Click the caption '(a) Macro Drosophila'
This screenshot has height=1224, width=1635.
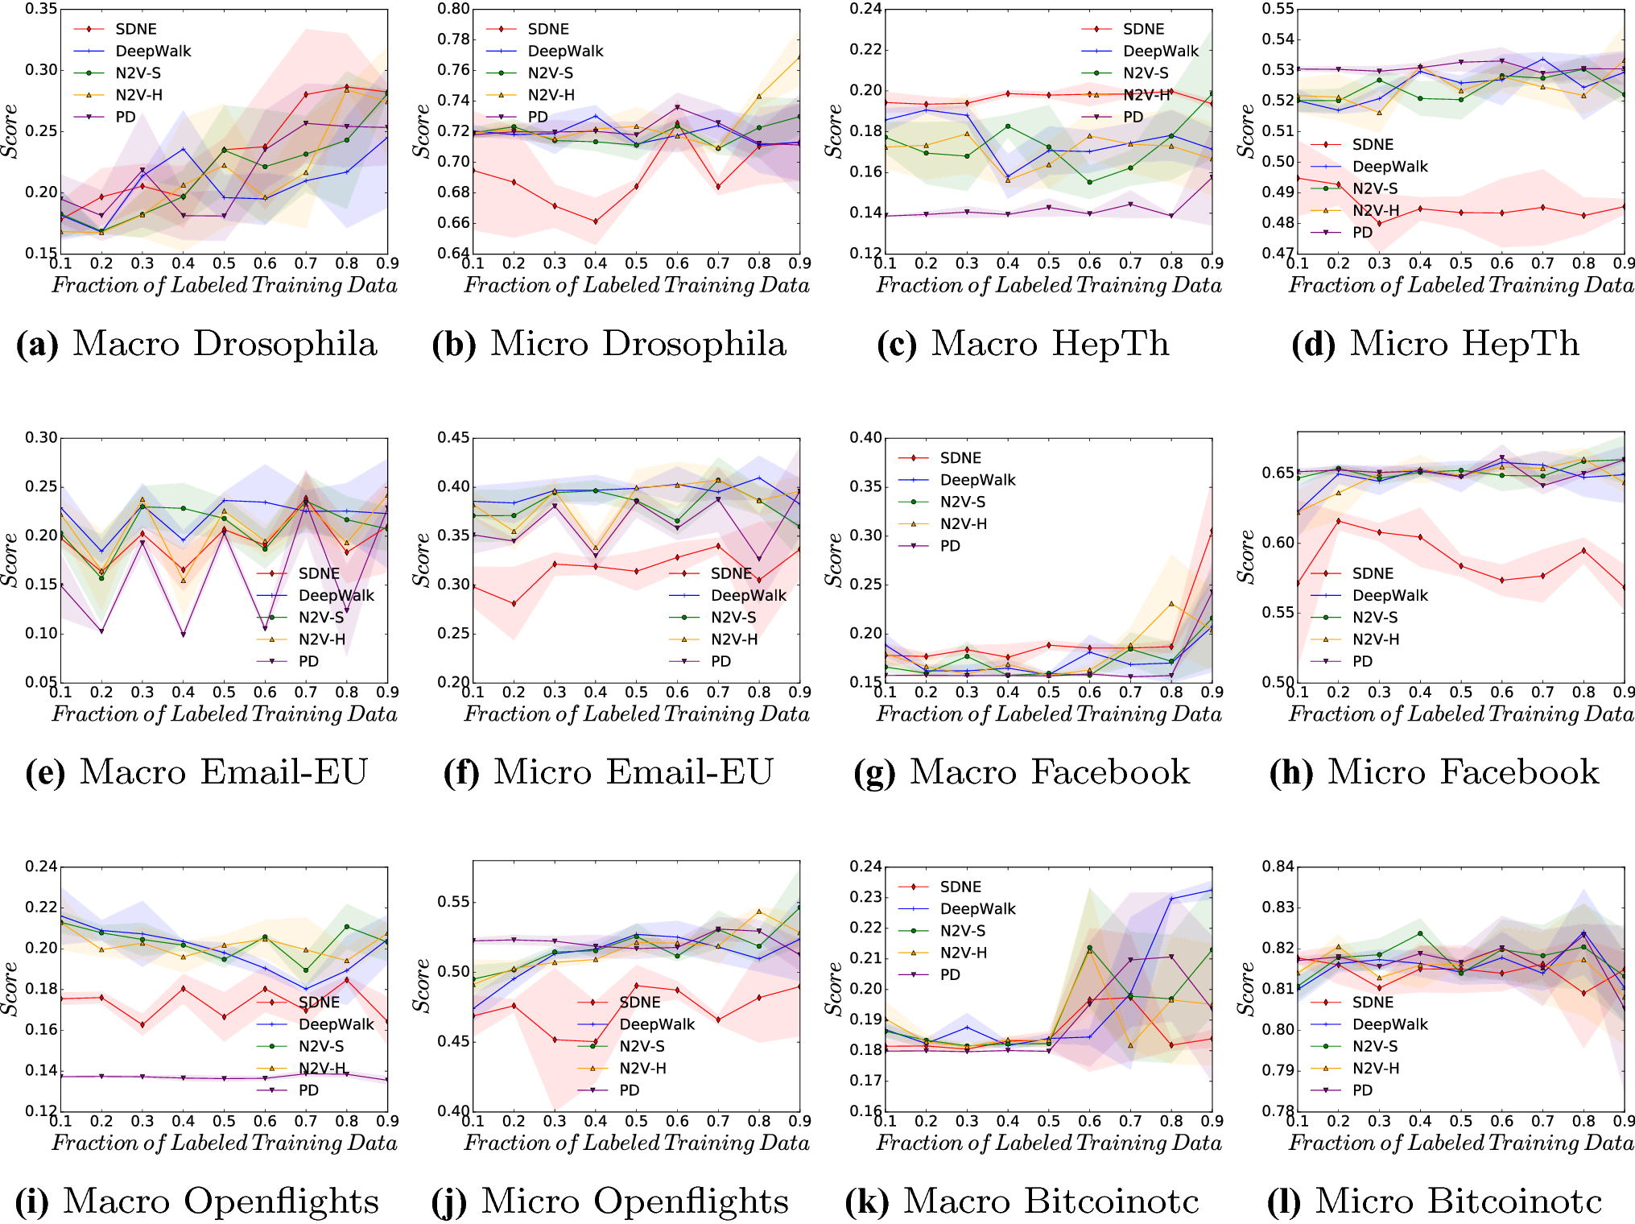click(x=196, y=344)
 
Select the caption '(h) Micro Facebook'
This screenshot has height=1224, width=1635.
click(x=1434, y=772)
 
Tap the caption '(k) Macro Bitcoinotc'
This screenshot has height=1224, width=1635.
click(x=1022, y=1201)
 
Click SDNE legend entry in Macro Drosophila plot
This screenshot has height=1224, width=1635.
click(x=135, y=29)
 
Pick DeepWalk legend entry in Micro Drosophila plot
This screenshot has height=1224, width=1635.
click(x=564, y=51)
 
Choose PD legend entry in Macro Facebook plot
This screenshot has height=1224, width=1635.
click(x=950, y=545)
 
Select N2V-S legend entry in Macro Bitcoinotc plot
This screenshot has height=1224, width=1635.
click(x=962, y=930)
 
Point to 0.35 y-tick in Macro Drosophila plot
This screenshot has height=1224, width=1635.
click(x=41, y=9)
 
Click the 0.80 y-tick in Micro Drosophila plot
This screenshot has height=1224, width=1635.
click(x=453, y=9)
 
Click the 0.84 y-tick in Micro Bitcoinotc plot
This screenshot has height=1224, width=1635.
click(x=1278, y=866)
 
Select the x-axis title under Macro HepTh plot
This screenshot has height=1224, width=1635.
click(x=1048, y=285)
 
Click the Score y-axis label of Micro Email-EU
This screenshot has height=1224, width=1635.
click(x=421, y=560)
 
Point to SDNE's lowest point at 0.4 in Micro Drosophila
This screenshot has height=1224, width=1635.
click(x=596, y=221)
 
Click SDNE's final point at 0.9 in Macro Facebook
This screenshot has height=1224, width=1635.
click(x=1211, y=531)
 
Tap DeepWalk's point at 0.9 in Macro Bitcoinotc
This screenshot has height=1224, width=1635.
click(x=1211, y=891)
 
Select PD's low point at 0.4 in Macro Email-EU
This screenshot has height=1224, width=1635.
click(x=183, y=635)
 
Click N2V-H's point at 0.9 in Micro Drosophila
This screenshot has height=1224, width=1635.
click(x=799, y=57)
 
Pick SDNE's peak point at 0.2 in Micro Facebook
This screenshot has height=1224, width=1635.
click(x=1338, y=521)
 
